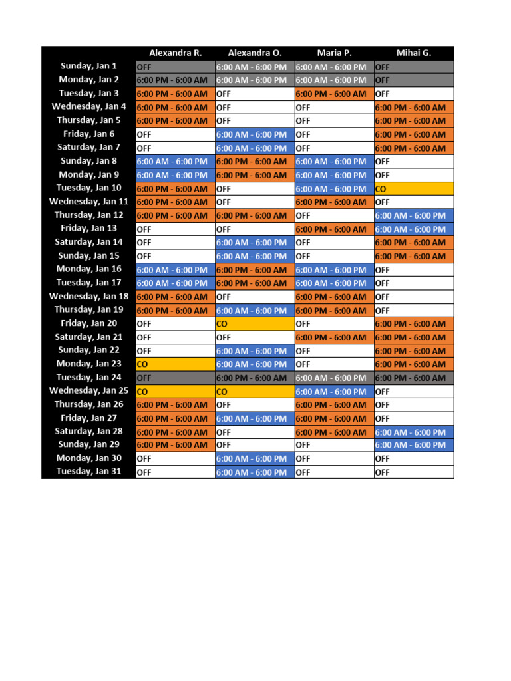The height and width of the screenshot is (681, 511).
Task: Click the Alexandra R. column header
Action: coord(175,53)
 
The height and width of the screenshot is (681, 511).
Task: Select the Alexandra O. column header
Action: coord(255,53)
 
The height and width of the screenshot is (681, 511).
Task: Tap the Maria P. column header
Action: coord(334,53)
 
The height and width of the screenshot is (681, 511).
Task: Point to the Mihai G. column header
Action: coord(413,53)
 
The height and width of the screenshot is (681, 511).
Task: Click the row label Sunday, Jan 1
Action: coord(88,66)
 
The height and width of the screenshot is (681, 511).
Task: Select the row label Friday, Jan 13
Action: coord(88,229)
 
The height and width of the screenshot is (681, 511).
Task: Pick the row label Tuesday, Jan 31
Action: coord(88,472)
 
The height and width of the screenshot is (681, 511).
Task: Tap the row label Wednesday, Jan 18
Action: coord(88,296)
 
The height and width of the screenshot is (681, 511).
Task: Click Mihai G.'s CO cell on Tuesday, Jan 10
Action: coord(414,189)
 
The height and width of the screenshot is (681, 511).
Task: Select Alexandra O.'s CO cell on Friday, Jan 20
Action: coord(255,324)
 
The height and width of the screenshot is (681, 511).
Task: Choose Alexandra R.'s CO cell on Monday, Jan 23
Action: coord(176,364)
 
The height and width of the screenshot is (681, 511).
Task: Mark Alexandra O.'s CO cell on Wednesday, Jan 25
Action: coord(255,392)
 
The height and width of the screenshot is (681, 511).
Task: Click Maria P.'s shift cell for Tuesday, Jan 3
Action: coord(334,94)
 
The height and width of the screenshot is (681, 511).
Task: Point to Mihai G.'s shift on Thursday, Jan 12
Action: coord(414,215)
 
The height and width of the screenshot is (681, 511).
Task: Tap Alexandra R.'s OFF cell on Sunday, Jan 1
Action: coord(176,67)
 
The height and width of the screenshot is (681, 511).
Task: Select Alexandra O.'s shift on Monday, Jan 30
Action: coord(255,458)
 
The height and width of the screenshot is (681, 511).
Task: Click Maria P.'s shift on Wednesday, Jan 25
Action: coord(334,392)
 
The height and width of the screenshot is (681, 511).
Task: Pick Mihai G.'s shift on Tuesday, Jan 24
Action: coord(414,378)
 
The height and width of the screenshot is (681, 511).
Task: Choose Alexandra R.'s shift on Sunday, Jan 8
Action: coord(176,162)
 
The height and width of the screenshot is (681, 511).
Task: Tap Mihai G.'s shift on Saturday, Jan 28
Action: coord(414,432)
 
